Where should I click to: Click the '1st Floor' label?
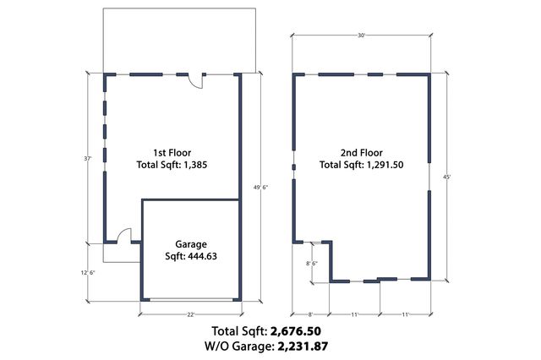(x=172, y=152)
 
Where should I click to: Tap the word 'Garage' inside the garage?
(x=190, y=244)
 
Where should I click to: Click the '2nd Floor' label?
(x=361, y=153)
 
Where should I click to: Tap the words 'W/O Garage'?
(x=234, y=346)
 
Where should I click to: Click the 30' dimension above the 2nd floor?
(x=362, y=35)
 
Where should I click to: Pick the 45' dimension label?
(x=447, y=177)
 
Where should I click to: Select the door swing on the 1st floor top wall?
(x=194, y=81)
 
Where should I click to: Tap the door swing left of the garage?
(x=123, y=236)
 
